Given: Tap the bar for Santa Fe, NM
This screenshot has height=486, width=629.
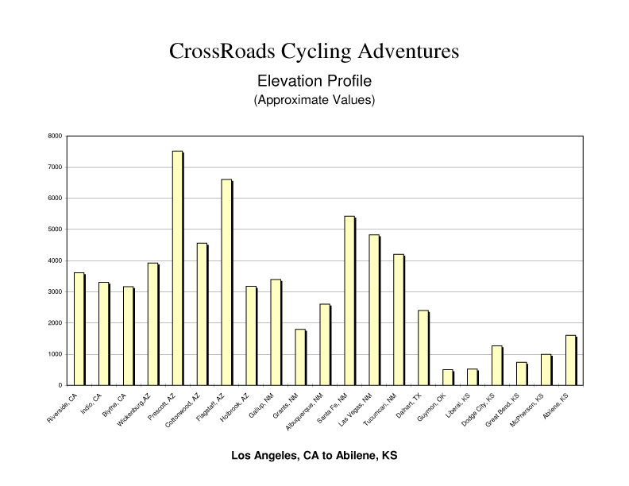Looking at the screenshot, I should (x=349, y=301).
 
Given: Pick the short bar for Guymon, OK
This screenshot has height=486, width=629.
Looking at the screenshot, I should (x=447, y=377).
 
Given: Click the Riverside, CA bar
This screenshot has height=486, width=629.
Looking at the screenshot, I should (x=79, y=330).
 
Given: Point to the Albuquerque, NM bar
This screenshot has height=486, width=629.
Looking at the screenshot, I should (x=325, y=345).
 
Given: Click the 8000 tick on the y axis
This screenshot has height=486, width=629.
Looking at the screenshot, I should (x=55, y=136).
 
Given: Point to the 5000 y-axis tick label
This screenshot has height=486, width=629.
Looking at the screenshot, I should (x=55, y=229).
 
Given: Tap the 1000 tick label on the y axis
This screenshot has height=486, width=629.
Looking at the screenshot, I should (x=55, y=354).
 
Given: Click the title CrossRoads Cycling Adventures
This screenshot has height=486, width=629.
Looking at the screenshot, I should (x=314, y=52).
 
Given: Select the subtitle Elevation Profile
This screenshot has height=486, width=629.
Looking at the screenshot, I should (x=314, y=81).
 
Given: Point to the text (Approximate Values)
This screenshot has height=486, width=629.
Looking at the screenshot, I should (x=314, y=101).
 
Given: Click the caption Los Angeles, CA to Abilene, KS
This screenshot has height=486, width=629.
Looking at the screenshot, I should (x=314, y=457).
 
